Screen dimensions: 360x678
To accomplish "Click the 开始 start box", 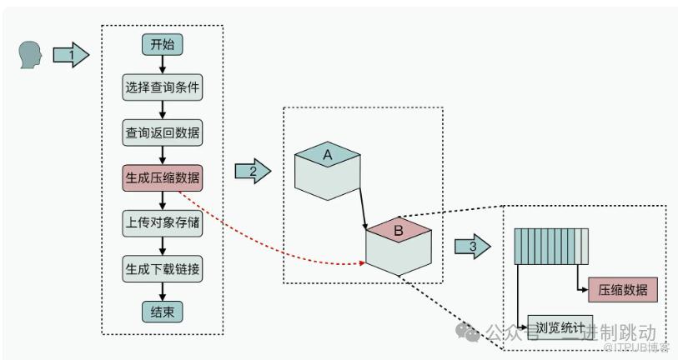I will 162,45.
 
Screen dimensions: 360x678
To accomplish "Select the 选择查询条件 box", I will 162,87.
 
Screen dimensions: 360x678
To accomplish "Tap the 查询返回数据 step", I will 162,132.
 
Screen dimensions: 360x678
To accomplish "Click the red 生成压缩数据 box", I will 162,177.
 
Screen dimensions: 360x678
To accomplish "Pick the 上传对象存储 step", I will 162,222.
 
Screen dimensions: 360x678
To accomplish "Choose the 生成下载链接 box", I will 162,268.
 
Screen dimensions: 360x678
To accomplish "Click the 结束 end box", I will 162,312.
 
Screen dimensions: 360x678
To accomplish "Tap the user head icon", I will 30,55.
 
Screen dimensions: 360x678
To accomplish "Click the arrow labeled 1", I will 71,56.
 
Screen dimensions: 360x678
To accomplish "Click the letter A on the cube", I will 328,154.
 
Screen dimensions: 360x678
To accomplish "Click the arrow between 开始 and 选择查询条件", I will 162,65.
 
